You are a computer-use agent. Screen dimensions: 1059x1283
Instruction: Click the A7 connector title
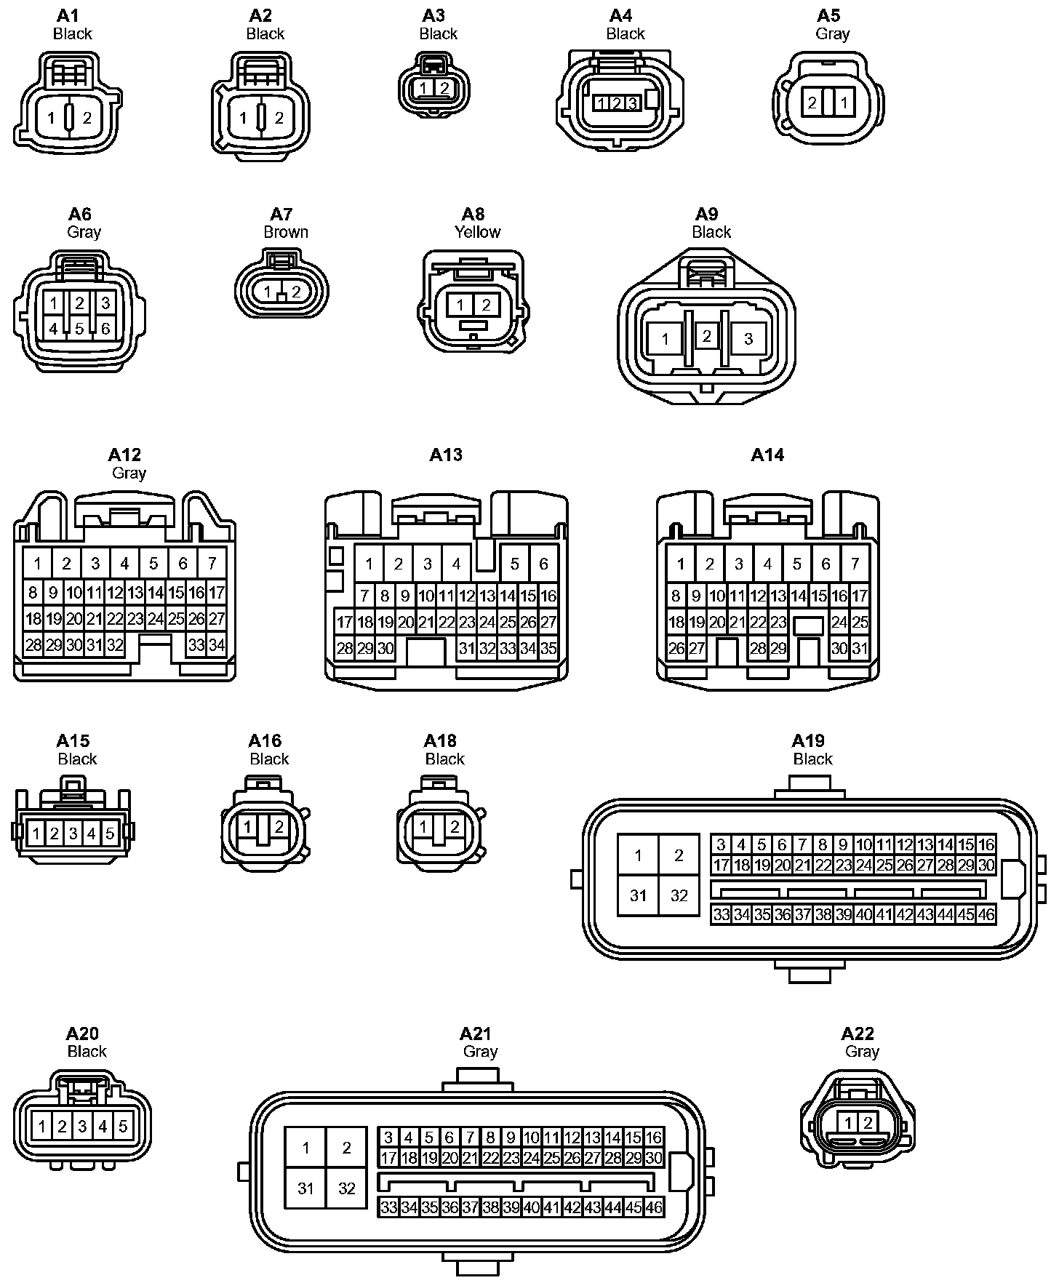point(281,214)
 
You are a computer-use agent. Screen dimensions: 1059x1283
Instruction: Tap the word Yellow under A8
point(477,232)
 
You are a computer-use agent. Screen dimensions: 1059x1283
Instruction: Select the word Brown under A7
point(286,232)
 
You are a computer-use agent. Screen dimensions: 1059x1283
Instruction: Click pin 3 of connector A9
point(748,338)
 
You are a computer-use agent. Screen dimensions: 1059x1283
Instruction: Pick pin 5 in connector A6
point(79,329)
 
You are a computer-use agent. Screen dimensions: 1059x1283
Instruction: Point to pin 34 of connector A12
point(216,644)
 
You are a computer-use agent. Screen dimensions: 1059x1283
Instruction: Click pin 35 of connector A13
point(548,648)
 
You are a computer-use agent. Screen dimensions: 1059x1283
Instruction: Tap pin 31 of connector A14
point(859,648)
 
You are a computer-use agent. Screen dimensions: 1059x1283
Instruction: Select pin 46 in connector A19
point(986,914)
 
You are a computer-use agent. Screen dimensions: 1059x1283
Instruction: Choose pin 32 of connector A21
point(346,1188)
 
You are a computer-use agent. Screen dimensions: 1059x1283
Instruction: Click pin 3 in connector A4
point(632,103)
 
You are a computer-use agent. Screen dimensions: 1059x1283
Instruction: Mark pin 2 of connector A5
point(812,103)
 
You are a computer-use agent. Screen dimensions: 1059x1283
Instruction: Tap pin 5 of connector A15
point(110,833)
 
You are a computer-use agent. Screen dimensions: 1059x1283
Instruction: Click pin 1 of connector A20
point(42,1127)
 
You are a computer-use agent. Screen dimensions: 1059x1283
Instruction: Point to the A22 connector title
point(858,1034)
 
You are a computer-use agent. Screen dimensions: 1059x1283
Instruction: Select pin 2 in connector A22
point(867,1123)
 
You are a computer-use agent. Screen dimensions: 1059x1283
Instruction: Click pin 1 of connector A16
point(248,827)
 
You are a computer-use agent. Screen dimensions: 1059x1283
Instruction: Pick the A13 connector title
point(446,455)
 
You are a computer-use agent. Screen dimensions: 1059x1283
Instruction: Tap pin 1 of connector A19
point(638,855)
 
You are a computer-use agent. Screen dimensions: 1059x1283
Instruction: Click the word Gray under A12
point(129,473)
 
